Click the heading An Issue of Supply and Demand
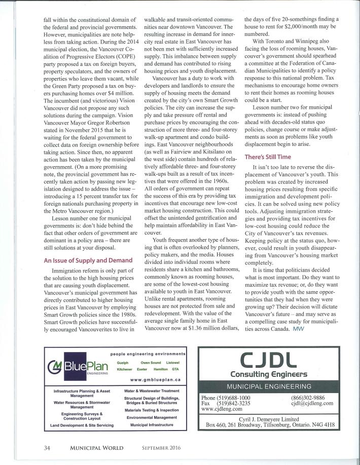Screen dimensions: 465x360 pyautogui.click(x=88, y=260)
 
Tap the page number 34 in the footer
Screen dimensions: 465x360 pyautogui.click(x=47, y=447)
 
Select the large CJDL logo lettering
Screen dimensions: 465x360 pyautogui.click(x=273, y=361)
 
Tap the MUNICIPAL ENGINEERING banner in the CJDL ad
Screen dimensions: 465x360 pyautogui.click(x=274, y=386)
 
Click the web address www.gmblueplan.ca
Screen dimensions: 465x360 pyautogui.click(x=155, y=379)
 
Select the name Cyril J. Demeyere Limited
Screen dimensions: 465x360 pyautogui.click(x=274, y=419)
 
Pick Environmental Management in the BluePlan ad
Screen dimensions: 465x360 pyautogui.click(x=151, y=417)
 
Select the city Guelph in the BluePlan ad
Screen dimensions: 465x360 pyautogui.click(x=123, y=363)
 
